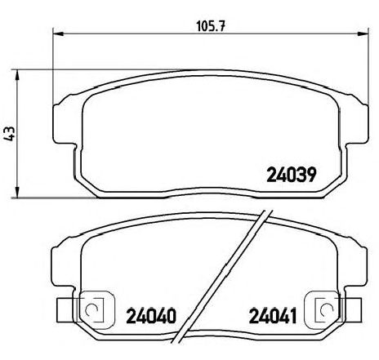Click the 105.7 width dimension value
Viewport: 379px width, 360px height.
coord(211,26)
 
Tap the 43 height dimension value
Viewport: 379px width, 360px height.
coord(10,134)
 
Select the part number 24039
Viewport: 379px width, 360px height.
coord(292,175)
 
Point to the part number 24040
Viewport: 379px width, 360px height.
coord(151,316)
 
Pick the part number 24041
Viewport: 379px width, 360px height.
coord(273,316)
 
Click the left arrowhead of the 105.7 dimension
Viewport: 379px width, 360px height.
coord(58,33)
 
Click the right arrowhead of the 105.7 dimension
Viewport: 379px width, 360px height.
coord(363,33)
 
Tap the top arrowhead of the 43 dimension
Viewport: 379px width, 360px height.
coord(17,75)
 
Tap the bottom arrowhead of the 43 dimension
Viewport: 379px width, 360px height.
coord(17,193)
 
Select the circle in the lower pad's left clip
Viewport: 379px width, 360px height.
coord(91,309)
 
